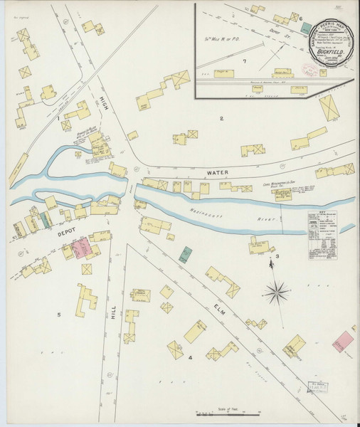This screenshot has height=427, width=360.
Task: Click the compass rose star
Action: coord(277,290)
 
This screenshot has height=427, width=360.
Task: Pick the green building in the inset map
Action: coord(306,28)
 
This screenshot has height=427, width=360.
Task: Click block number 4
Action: coord(190,357)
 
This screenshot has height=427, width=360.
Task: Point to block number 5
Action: coord(59,314)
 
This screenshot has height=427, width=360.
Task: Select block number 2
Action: coord(221,118)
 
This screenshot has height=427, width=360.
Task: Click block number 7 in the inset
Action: coord(243,61)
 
